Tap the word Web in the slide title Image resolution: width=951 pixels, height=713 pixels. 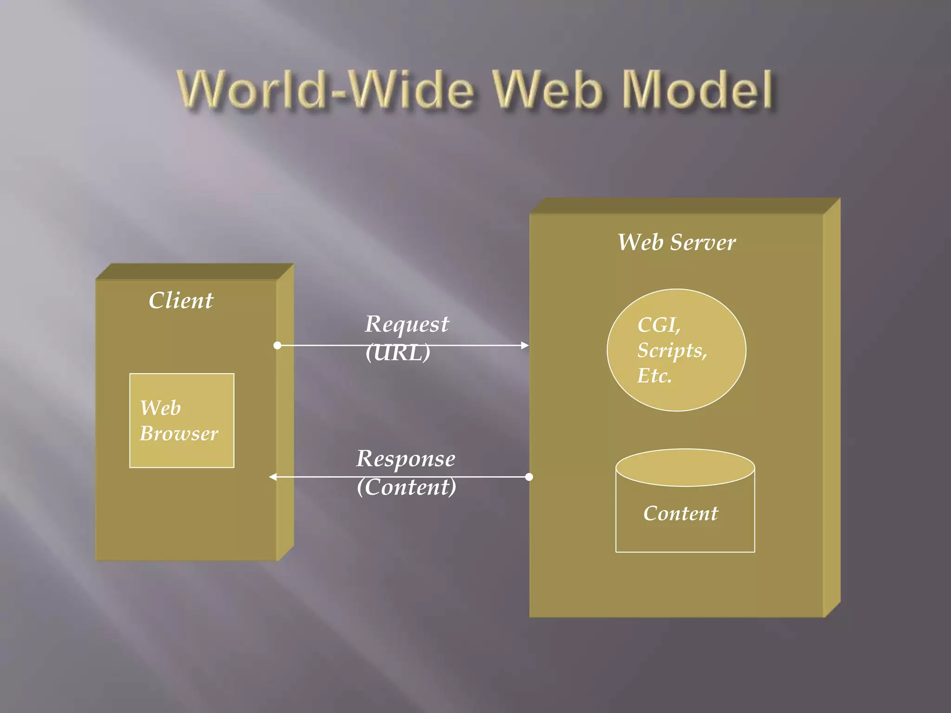[547, 89]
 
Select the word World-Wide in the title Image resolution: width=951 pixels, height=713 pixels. [325, 89]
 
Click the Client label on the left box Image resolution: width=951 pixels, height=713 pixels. [181, 300]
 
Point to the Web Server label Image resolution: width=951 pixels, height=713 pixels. [676, 242]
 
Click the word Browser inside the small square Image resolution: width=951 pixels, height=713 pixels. [179, 434]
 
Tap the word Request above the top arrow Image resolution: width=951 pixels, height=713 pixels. [407, 324]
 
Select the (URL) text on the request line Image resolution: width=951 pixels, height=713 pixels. [398, 352]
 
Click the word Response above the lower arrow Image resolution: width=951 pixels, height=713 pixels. [405, 459]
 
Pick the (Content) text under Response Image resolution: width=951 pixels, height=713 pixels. [406, 487]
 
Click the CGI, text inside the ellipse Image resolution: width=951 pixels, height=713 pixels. [658, 324]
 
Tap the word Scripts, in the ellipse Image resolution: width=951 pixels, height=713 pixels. [671, 350]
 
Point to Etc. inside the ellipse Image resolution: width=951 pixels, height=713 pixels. [654, 376]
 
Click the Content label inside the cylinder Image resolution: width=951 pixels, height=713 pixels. [680, 513]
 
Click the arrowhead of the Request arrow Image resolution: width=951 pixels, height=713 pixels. [525, 345]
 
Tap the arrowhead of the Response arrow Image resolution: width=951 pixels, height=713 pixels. [273, 477]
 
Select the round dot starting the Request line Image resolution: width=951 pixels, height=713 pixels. [277, 345]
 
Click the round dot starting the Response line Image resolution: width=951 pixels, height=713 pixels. [529, 477]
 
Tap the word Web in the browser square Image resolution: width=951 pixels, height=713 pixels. [160, 408]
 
